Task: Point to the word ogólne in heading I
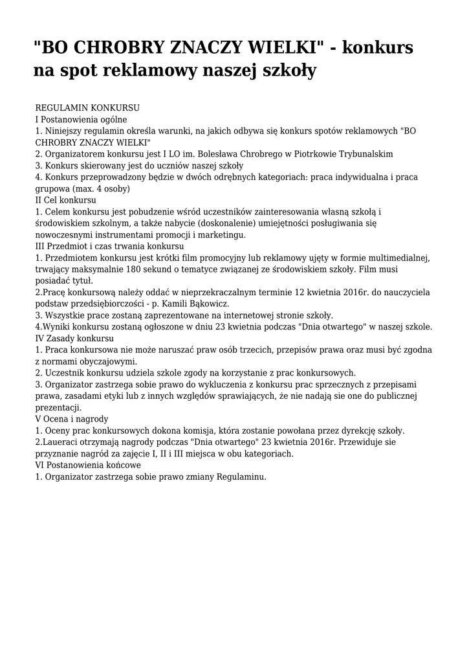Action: [113, 119]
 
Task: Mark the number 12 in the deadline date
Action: [301, 293]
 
